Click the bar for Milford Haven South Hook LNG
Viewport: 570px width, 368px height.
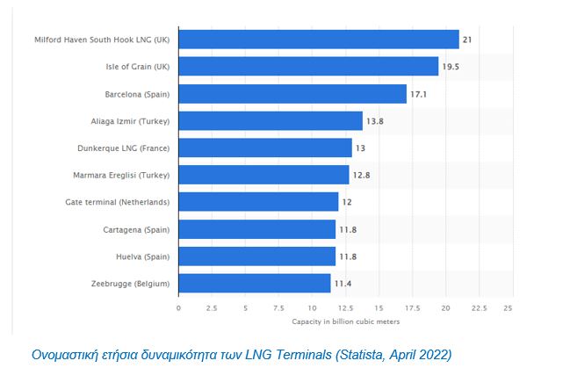coord(318,40)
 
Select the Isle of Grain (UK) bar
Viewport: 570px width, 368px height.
coord(307,67)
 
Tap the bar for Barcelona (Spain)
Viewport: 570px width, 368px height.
coord(292,94)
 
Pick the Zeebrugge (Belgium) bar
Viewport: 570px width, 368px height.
coord(254,283)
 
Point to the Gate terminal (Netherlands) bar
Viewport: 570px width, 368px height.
coord(258,202)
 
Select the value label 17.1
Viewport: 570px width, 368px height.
coord(421,94)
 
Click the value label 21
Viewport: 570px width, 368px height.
coord(468,40)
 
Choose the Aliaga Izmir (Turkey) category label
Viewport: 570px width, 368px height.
coord(131,121)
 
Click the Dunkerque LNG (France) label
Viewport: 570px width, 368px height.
coord(128,148)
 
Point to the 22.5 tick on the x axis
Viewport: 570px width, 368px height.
coord(479,308)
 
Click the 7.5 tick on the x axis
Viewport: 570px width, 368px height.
coord(278,308)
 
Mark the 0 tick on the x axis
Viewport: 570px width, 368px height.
coord(178,308)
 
